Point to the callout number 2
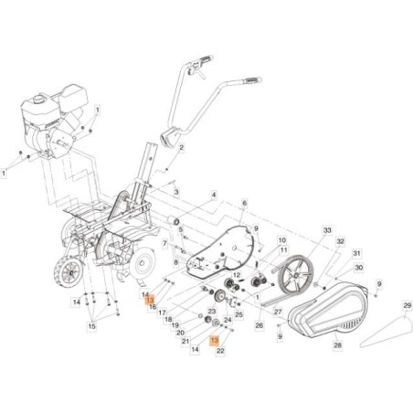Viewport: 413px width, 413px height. point(182,147)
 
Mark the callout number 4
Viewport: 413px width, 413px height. point(214,195)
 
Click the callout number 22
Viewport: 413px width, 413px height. point(220,349)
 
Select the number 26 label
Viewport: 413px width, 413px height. point(259,324)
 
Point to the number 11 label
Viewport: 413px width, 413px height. point(283,250)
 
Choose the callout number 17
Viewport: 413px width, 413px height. point(162,312)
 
